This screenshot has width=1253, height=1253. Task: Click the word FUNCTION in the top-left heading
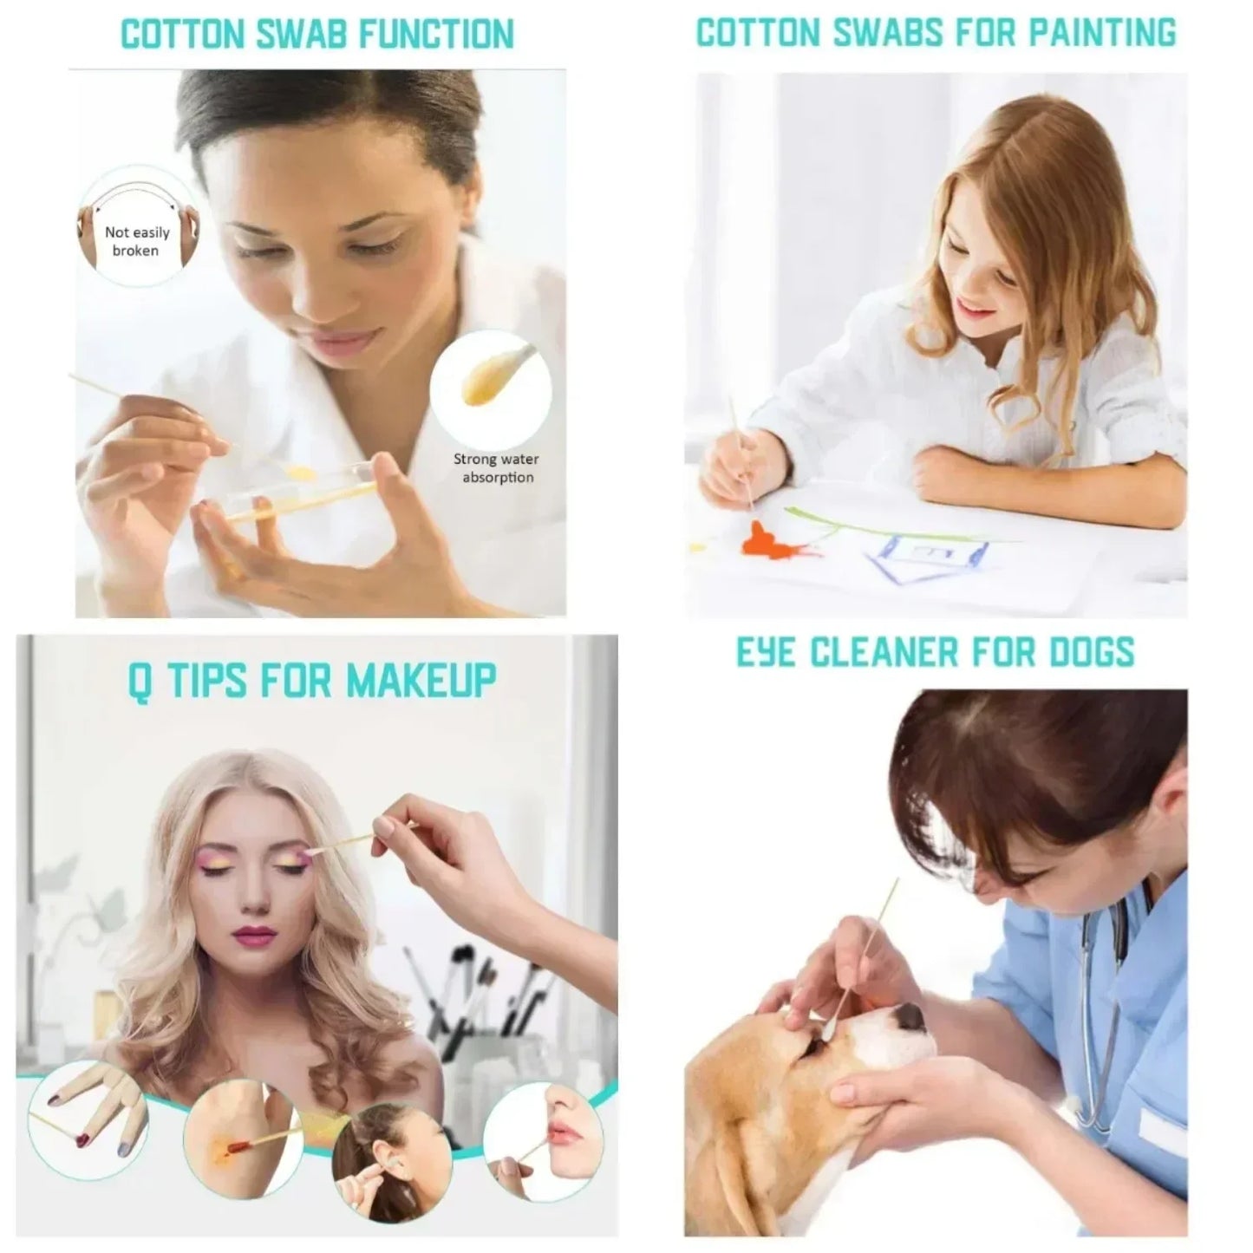(437, 34)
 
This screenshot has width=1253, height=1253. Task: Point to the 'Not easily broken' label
(136, 241)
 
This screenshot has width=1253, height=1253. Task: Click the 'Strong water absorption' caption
(497, 468)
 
